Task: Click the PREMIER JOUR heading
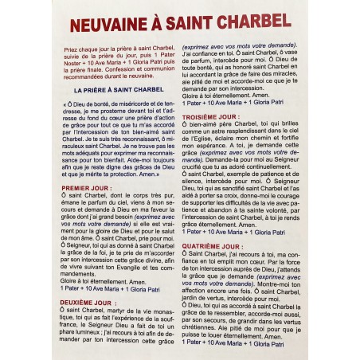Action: tap(85, 188)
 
